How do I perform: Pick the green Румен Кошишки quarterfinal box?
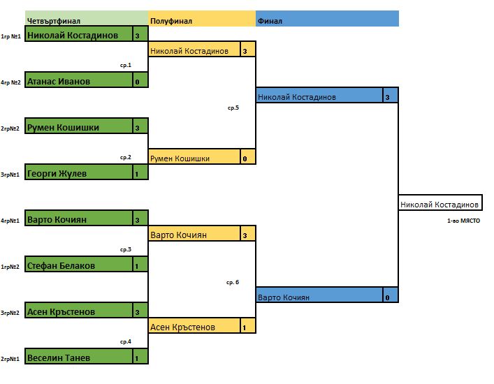coord(78,127)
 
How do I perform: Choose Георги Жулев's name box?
coord(78,173)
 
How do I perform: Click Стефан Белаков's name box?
coord(78,265)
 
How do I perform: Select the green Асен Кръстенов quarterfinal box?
coord(78,311)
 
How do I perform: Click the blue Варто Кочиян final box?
coord(319,297)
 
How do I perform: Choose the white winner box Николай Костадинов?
coord(439,204)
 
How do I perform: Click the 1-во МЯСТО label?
coord(463,221)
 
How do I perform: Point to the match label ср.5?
coord(233,108)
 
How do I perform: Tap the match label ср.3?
coord(126,249)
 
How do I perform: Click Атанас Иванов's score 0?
coord(140,82)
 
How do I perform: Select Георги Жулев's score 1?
coord(140,174)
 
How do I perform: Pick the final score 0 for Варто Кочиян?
coord(390,297)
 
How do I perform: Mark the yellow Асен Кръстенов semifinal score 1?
coord(247,327)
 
